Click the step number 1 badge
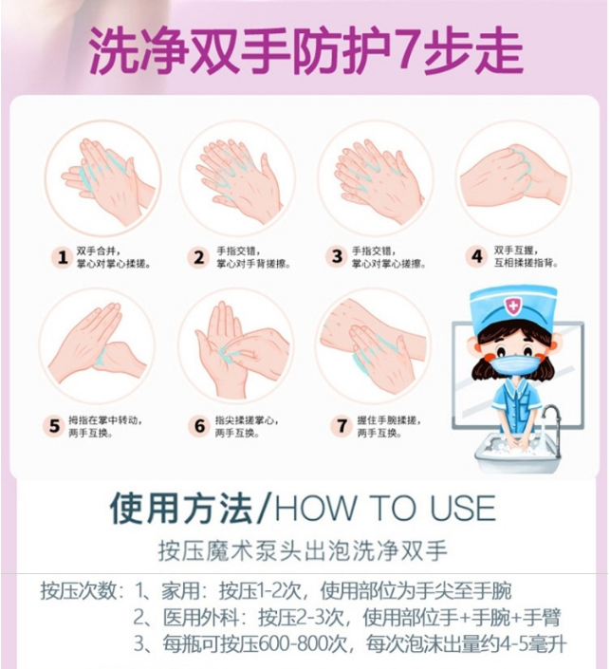[x=63, y=257]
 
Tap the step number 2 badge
[x=199, y=257]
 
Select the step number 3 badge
[x=337, y=256]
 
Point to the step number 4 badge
[x=476, y=256]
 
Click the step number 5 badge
[x=54, y=425]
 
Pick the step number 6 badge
[x=199, y=425]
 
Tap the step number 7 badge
[x=342, y=425]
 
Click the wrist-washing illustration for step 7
[x=373, y=346]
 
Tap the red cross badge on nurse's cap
[x=511, y=306]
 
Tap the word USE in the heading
[x=463, y=508]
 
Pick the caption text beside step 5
[x=105, y=426]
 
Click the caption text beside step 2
[x=253, y=257]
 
